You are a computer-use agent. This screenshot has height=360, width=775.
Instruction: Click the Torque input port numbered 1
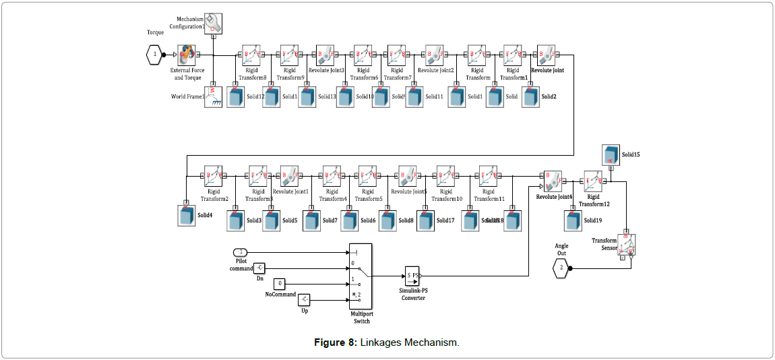(155, 54)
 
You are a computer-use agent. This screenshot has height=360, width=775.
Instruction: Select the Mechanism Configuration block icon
(213, 23)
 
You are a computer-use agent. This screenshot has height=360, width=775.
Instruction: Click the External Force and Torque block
(187, 55)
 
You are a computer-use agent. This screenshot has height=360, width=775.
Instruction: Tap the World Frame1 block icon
(214, 96)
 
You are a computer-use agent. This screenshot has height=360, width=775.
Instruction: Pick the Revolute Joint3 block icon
(325, 55)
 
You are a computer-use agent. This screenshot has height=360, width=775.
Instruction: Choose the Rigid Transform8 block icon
(252, 55)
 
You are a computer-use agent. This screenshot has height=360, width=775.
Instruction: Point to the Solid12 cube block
(236, 97)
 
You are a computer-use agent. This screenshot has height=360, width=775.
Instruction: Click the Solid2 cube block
(531, 96)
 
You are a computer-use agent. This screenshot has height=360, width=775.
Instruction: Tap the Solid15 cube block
(611, 154)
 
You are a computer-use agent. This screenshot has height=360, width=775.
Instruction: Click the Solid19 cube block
(573, 220)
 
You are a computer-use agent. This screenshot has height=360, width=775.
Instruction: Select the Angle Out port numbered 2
(561, 268)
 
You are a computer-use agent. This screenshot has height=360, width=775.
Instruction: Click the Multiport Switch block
(361, 276)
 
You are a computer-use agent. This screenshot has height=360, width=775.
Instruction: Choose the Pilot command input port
(241, 252)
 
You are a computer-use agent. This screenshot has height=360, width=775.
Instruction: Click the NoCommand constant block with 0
(282, 283)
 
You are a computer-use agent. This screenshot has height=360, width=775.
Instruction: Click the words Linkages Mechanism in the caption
(409, 342)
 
